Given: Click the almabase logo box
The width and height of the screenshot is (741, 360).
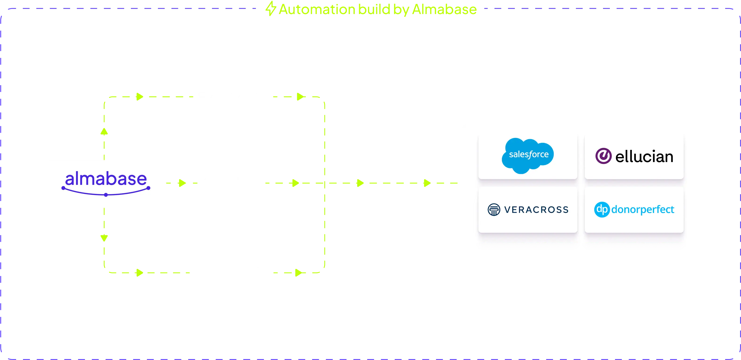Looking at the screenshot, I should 106,184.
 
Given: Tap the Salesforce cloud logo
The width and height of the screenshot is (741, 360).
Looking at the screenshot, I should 527,155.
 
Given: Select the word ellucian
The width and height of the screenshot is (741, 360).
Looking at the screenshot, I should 644,157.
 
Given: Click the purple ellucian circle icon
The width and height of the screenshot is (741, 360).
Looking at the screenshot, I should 603,156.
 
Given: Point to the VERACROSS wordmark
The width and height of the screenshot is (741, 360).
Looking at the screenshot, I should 536,210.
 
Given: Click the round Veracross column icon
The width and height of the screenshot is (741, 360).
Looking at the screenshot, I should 494,210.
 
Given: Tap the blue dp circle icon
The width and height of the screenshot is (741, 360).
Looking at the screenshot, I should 602,209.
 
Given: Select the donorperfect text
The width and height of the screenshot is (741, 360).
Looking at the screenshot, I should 643,209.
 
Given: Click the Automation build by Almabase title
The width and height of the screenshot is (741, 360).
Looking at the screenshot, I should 377,9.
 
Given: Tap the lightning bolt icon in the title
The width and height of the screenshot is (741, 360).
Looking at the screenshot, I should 270,9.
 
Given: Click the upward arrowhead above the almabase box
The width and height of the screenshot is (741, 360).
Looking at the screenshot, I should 104,132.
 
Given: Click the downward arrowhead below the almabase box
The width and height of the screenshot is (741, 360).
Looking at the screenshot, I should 104,238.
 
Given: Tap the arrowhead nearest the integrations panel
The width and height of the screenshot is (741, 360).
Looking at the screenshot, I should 426,183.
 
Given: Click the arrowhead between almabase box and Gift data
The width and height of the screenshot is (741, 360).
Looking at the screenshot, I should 181,183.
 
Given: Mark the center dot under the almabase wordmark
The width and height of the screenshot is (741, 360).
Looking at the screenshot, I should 106,195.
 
